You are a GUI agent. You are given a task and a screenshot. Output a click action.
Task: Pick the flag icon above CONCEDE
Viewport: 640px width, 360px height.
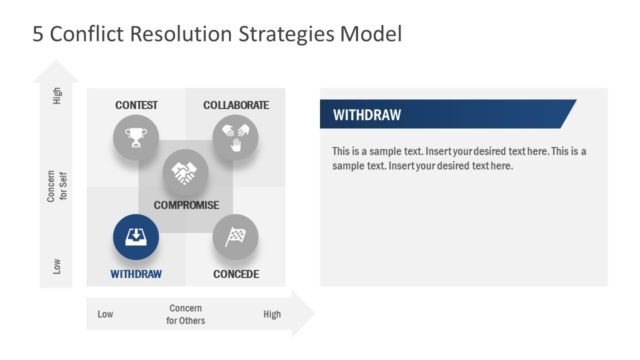pyautogui.click(x=236, y=238)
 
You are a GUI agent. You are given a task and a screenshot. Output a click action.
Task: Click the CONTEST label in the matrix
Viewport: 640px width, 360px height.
pyautogui.click(x=136, y=105)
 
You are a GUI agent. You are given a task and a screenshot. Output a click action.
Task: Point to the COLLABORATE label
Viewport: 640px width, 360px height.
pyautogui.click(x=236, y=105)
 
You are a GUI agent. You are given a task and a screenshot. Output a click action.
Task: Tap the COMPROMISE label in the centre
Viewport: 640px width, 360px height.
pyautogui.click(x=186, y=205)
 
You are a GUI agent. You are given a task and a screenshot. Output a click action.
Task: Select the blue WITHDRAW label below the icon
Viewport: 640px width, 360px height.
pyautogui.click(x=136, y=274)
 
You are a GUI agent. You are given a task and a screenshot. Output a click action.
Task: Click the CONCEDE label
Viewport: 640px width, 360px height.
pyautogui.click(x=236, y=274)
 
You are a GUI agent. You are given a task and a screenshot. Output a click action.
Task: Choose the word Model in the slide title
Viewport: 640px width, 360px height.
pyautogui.click(x=369, y=35)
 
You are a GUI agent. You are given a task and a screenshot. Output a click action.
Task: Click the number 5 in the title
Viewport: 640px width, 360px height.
pyautogui.click(x=38, y=35)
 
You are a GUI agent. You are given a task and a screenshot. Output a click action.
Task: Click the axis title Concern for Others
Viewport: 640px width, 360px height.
pyautogui.click(x=186, y=314)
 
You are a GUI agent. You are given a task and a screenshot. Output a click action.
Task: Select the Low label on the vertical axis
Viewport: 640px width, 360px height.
pyautogui.click(x=57, y=266)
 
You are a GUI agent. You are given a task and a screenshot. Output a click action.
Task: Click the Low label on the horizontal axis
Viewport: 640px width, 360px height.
pyautogui.click(x=105, y=315)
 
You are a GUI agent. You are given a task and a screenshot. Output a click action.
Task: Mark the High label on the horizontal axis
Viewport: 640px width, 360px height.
pyautogui.click(x=272, y=315)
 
